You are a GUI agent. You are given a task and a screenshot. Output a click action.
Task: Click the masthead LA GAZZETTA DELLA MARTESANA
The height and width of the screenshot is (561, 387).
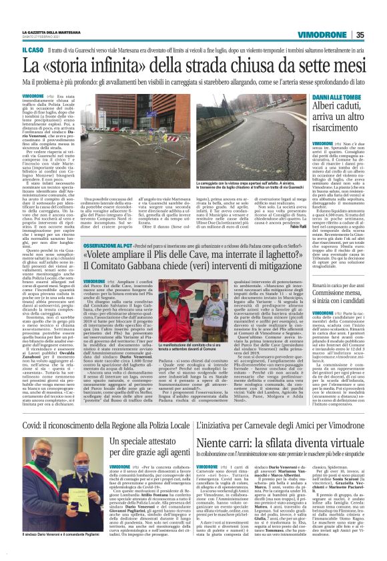point(51,33)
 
